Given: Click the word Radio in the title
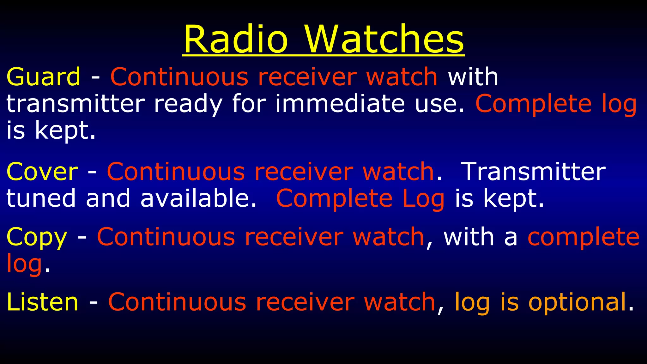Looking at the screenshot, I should (235, 39).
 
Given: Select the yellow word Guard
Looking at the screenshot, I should (43, 77).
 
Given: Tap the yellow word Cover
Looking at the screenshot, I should (42, 172).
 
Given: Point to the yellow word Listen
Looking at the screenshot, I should (42, 302).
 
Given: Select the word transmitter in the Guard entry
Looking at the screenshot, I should (75, 104).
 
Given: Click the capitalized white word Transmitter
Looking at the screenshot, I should (533, 172).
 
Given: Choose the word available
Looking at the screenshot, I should (198, 198).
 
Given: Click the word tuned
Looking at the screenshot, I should (41, 198).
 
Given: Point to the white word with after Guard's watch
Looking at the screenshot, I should (473, 77).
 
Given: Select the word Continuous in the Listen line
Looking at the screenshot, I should (177, 302).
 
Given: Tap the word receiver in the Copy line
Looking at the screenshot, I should (294, 237).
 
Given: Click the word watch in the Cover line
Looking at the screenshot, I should (398, 172).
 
